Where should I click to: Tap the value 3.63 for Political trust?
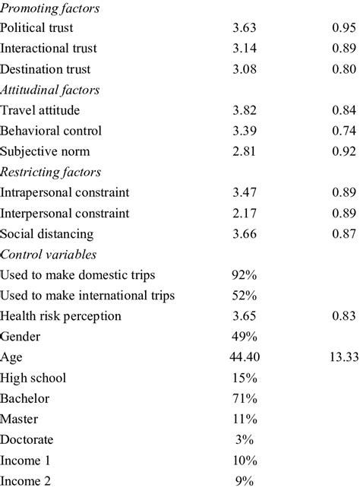[x=245, y=29]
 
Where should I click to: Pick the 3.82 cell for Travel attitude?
[x=245, y=110]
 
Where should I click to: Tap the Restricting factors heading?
[x=50, y=172]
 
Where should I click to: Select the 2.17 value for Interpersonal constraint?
[x=245, y=213]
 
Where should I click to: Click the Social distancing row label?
[x=47, y=233]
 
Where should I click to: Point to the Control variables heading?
[x=49, y=254]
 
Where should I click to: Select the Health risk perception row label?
[x=61, y=315]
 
